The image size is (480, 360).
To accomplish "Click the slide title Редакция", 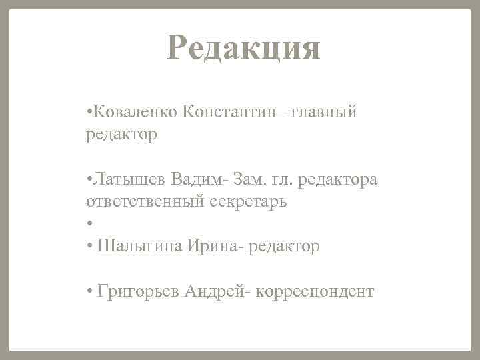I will click(x=244, y=48).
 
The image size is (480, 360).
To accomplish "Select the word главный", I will click(x=324, y=111).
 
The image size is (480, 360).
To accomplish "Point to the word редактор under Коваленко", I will click(x=121, y=135).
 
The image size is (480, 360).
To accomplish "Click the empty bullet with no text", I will click(x=89, y=225).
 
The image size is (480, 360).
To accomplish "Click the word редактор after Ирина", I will click(x=286, y=247).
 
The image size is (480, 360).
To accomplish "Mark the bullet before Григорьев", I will click(x=89, y=291).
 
